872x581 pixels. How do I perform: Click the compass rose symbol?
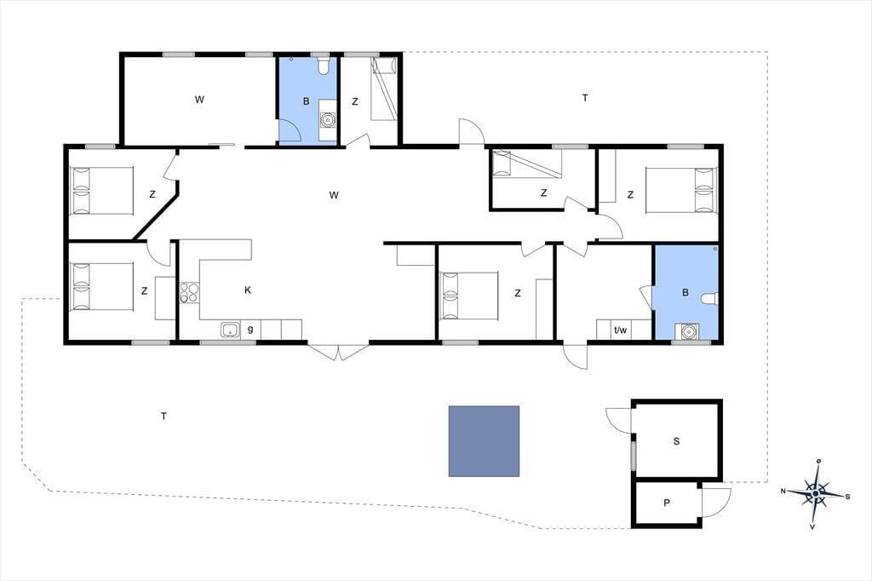pyautogui.click(x=815, y=493)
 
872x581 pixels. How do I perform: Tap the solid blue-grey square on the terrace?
pyautogui.click(x=484, y=441)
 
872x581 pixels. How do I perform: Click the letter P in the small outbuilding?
pyautogui.click(x=667, y=503)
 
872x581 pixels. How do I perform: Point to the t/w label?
pyautogui.click(x=620, y=330)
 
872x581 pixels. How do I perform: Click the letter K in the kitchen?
pyautogui.click(x=248, y=290)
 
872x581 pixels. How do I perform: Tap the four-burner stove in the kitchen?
pyautogui.click(x=189, y=293)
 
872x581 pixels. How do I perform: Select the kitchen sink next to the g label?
pyautogui.click(x=230, y=330)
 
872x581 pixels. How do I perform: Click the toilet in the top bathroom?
pyautogui.click(x=324, y=66)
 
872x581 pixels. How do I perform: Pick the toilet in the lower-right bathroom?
pyautogui.click(x=709, y=299)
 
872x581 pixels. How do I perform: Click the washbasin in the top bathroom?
pyautogui.click(x=329, y=119)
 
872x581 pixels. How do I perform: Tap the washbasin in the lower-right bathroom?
pyautogui.click(x=688, y=331)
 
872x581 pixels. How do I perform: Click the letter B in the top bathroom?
pyautogui.click(x=306, y=101)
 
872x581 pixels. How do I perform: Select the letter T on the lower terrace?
pyautogui.click(x=163, y=417)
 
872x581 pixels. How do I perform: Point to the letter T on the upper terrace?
pyautogui.click(x=585, y=98)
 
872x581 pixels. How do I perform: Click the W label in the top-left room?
pyautogui.click(x=199, y=100)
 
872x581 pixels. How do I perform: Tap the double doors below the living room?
pyautogui.click(x=338, y=353)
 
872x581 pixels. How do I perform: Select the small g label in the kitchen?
pyautogui.click(x=250, y=329)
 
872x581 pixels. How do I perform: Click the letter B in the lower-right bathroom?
pyautogui.click(x=686, y=292)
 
